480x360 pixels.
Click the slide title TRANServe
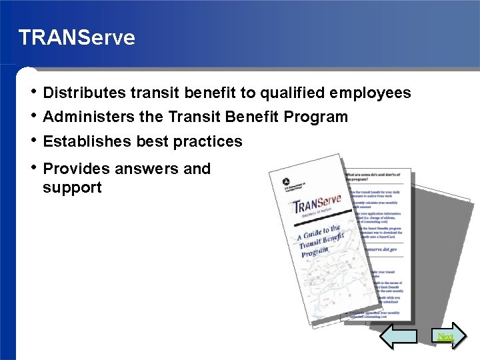[77, 37]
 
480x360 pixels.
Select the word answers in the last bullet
[146, 169]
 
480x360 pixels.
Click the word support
[72, 187]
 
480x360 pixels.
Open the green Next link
[445, 337]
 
